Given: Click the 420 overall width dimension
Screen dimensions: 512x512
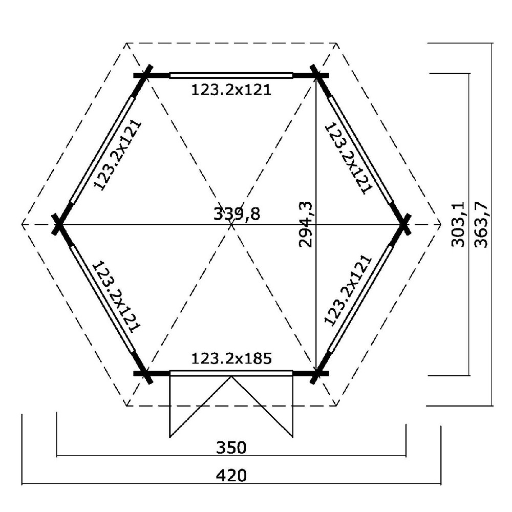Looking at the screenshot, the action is [231, 476].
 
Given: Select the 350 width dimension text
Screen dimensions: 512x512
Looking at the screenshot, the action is [231, 447].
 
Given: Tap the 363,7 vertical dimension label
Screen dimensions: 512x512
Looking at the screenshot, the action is [481, 224].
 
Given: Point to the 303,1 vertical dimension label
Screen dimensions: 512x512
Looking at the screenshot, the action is [458, 224].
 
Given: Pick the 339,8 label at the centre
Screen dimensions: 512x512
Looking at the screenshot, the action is [237, 214].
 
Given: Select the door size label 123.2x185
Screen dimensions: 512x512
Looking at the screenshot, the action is [231, 358].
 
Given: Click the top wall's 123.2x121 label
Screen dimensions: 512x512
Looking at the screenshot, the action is [231, 90].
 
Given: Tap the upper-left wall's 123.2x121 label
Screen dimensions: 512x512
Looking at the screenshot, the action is [118, 155].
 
